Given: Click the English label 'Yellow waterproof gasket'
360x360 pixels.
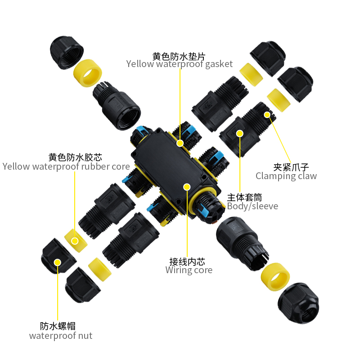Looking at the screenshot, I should point(179,64).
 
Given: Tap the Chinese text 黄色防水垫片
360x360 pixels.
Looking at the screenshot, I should point(179,56).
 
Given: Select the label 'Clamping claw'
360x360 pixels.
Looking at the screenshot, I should point(286,176).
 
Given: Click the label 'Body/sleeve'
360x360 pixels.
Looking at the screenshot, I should point(252,206).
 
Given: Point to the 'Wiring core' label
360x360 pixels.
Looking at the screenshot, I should point(189,270).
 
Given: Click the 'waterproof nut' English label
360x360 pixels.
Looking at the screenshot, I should point(61,336).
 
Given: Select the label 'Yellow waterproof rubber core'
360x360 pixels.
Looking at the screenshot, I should point(66,166).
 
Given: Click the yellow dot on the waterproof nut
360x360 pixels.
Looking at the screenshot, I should point(58,262).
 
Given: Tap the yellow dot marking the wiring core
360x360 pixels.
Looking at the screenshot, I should point(187,186).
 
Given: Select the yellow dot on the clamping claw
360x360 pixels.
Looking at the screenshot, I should point(267,115).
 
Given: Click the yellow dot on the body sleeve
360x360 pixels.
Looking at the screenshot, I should point(240,134).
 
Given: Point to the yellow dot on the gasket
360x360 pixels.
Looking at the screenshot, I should point(180,143).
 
